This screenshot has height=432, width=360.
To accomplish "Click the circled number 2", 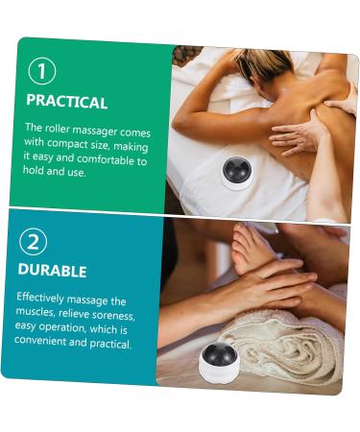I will (33, 242).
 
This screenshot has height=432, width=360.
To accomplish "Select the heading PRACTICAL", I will (66, 101).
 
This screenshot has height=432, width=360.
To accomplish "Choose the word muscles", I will (36, 313).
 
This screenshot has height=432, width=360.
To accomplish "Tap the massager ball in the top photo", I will (235, 171).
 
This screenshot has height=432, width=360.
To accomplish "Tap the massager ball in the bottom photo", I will (218, 355).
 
